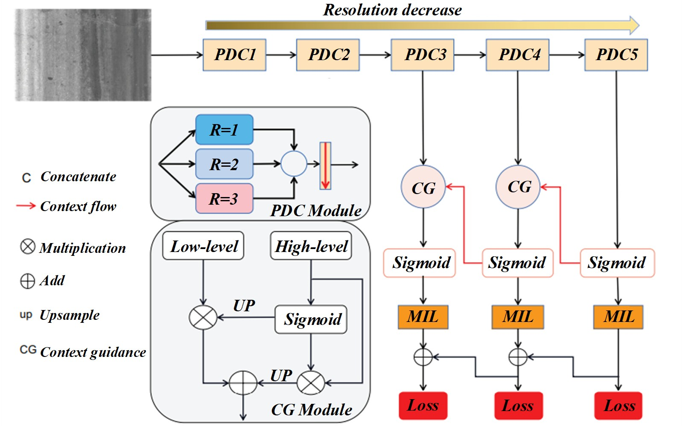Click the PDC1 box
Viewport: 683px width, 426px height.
[x=234, y=55]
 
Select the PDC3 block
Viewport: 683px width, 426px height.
[x=423, y=55]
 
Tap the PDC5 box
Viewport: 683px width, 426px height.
[x=616, y=55]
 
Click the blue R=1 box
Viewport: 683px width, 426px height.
[x=224, y=130]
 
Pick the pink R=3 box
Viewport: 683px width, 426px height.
[x=224, y=199]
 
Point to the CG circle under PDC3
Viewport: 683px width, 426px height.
[x=423, y=187]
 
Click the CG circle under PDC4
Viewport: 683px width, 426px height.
[x=518, y=187]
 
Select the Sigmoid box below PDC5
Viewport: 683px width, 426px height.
[x=617, y=263]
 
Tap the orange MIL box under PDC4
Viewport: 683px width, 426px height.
[x=518, y=317]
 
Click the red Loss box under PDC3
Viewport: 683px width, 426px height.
[x=423, y=406]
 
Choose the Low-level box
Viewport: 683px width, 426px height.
[x=203, y=246]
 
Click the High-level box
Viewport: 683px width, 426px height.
[x=311, y=246]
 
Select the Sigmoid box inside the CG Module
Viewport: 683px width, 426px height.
[x=311, y=319]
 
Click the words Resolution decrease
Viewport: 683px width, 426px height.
[x=392, y=10]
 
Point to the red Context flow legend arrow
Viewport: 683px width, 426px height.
[x=26, y=206]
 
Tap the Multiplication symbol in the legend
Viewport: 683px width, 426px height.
[x=28, y=246]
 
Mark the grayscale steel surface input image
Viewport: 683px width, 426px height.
[x=83, y=55]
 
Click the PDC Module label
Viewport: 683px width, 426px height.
[x=316, y=211]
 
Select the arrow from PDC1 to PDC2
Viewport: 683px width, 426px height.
[x=281, y=55]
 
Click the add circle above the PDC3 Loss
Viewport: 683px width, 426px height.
[x=423, y=357]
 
